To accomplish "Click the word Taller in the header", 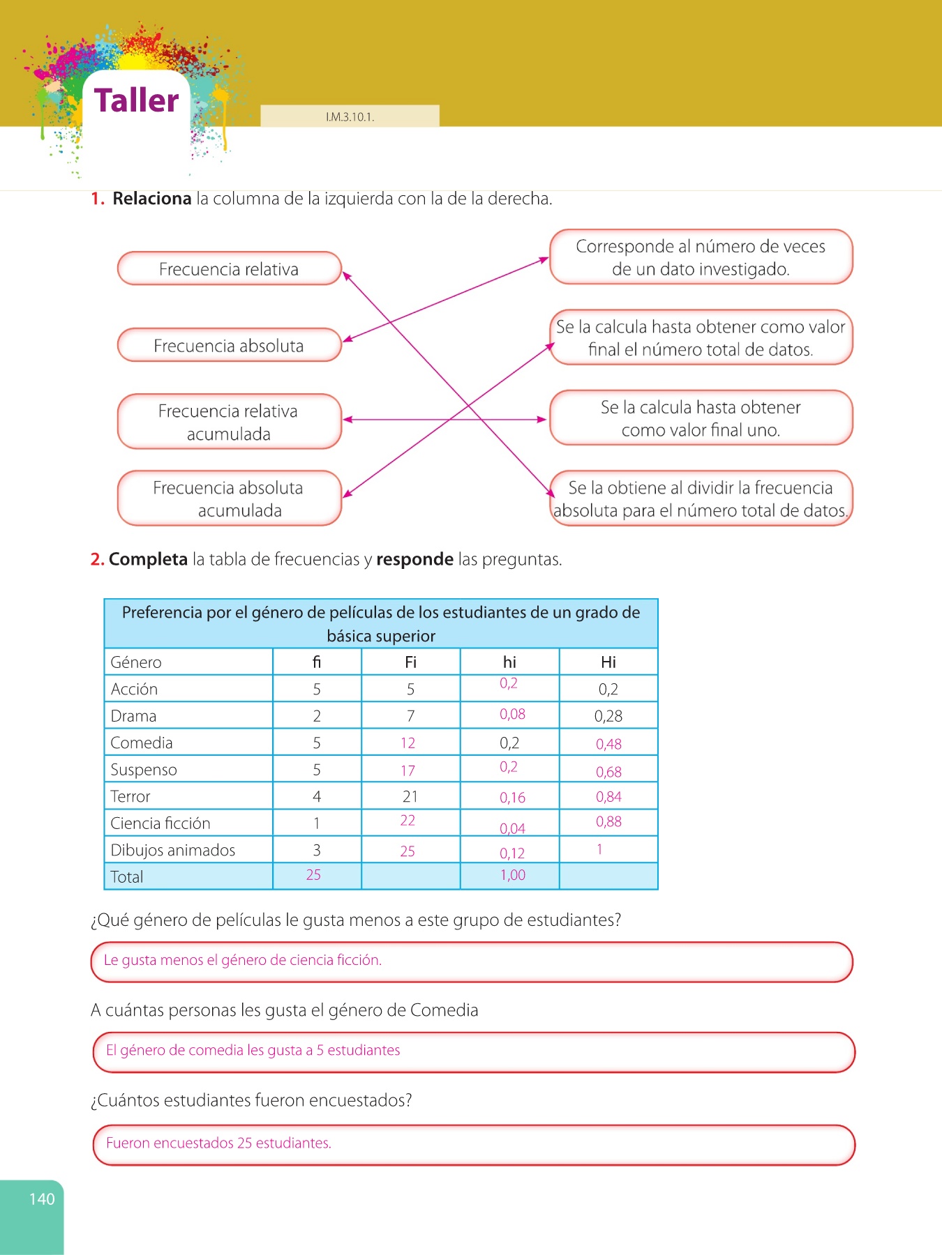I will click(137, 100).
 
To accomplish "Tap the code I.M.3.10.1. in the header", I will click(350, 117).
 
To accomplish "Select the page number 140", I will click(42, 1199).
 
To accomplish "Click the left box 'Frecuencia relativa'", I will click(229, 269).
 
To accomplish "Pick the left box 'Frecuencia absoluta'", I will click(229, 346).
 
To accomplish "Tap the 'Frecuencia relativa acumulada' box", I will click(229, 422).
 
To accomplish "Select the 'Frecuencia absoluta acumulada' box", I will click(229, 499).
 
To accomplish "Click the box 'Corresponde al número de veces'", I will click(701, 257).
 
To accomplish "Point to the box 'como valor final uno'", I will click(701, 418).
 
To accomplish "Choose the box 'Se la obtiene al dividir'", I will click(701, 499).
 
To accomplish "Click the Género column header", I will click(136, 662).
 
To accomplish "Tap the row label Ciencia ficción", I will click(160, 823).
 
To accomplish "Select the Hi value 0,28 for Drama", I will click(608, 716).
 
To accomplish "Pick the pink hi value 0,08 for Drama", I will click(512, 714).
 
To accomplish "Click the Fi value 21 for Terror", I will click(410, 796).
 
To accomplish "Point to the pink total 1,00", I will click(513, 875).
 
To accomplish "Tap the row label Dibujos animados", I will click(173, 851).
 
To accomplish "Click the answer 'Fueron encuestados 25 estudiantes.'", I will click(218, 1143).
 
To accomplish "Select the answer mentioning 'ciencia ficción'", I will click(242, 960).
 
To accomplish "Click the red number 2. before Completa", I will click(97, 559).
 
